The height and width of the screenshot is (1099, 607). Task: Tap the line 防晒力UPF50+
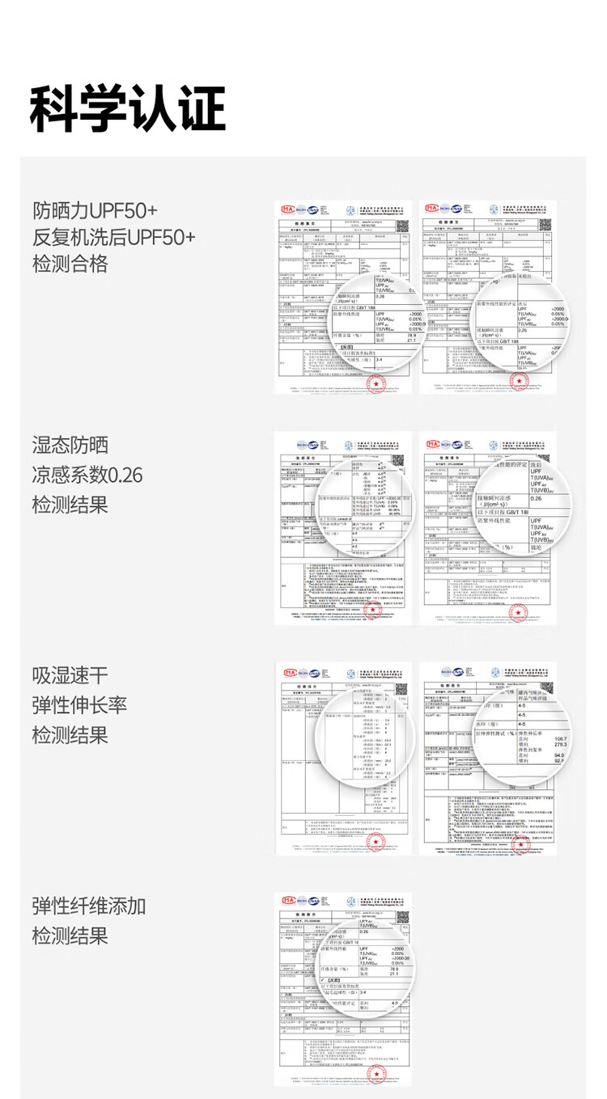click(x=95, y=211)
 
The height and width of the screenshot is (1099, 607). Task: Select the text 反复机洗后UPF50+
click(x=113, y=237)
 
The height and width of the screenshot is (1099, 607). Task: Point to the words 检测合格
click(x=70, y=264)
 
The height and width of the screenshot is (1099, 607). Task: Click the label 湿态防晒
click(x=70, y=445)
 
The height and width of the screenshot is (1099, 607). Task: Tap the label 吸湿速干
click(x=70, y=675)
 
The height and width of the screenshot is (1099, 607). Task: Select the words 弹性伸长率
click(x=79, y=705)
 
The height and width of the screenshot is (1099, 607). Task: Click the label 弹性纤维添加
click(x=89, y=905)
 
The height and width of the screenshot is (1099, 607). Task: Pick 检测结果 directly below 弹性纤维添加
click(x=70, y=936)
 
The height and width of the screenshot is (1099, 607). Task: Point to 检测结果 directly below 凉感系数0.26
click(x=70, y=505)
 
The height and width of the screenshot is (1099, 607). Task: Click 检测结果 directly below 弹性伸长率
click(x=70, y=735)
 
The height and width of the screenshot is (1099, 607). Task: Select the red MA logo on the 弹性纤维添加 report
click(x=287, y=899)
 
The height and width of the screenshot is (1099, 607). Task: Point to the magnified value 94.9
click(x=559, y=755)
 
